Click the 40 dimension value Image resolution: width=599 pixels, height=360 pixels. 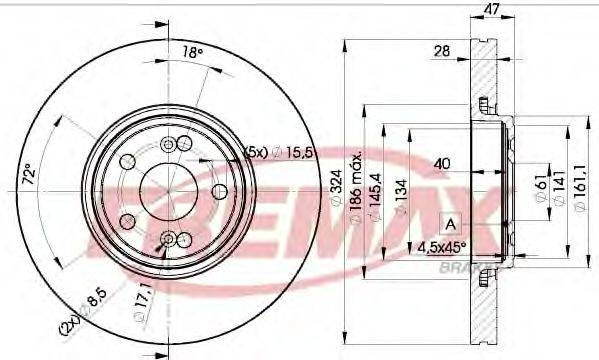441,162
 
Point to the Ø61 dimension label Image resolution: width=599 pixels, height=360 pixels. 539,185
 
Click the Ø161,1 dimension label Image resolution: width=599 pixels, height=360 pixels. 577,187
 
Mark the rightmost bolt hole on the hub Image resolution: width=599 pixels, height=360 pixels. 220,191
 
